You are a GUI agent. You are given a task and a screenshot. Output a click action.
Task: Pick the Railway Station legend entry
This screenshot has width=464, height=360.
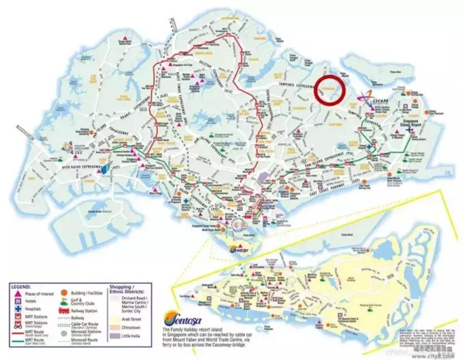coord(83,311)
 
